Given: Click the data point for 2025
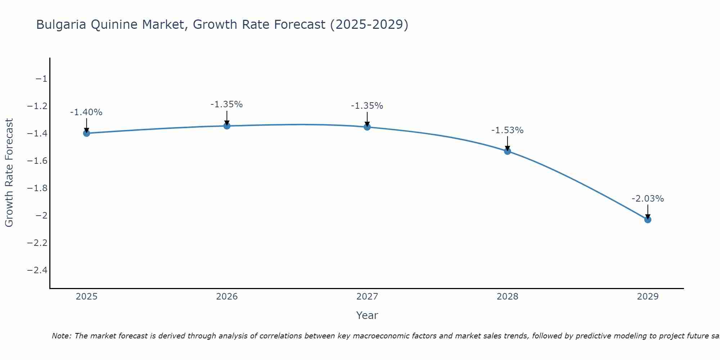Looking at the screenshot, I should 86,133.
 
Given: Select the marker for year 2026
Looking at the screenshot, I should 227,126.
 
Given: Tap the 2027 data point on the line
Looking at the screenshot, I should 367,127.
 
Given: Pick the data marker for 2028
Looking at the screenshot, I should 508,151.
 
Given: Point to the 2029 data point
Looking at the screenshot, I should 648,220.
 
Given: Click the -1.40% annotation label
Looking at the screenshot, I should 86,112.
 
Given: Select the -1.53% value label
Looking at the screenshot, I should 507,130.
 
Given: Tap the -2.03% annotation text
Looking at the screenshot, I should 648,199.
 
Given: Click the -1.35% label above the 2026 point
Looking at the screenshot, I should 226,104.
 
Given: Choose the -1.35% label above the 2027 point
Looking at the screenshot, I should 367,106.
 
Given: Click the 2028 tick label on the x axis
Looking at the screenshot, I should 507,297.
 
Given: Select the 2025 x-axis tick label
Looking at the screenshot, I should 87,297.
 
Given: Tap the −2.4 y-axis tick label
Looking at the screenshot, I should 37,270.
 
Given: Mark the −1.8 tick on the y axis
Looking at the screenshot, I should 37,188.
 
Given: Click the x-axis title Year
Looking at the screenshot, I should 367,315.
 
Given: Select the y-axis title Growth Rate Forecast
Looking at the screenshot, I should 9,173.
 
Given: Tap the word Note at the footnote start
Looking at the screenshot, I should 62,336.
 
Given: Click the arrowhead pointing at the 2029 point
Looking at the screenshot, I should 648,217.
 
